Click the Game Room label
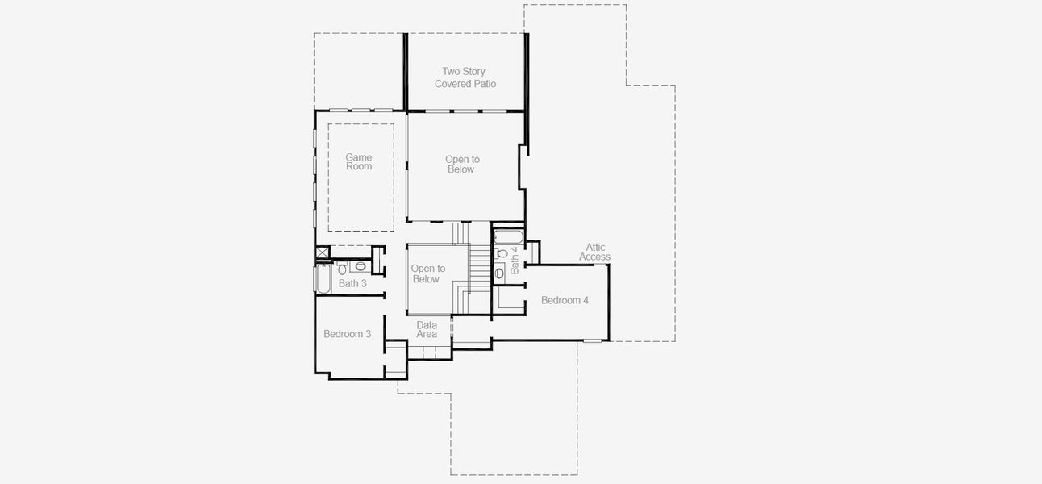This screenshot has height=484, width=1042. click(359, 162)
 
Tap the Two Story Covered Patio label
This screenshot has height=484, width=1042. click(465, 77)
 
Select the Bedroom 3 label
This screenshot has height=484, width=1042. click(347, 334)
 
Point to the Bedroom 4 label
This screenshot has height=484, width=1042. click(565, 300)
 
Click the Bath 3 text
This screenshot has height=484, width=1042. click(352, 283)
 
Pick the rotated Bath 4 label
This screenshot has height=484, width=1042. click(515, 261)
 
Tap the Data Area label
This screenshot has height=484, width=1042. click(427, 329)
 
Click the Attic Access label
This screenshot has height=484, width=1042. click(595, 252)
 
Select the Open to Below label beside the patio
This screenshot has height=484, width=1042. click(462, 165)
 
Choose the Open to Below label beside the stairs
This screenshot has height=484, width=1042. click(427, 273)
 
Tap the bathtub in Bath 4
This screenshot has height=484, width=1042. click(507, 237)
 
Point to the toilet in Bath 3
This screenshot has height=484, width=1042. click(343, 267)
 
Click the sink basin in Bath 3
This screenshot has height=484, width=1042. click(361, 266)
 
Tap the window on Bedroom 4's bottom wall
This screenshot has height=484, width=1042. click(593, 340)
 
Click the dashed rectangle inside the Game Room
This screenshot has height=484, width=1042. click(361, 178)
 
